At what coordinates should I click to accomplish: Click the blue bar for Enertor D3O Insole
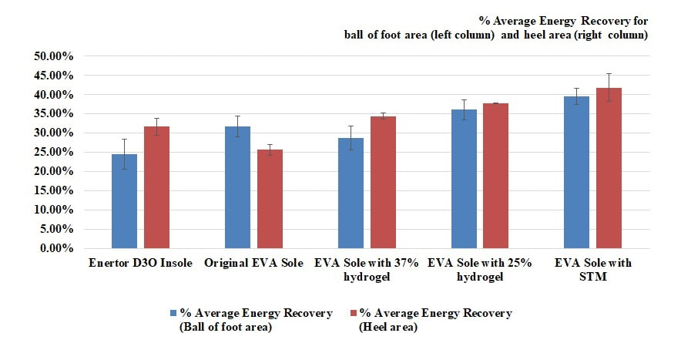tap(124, 201)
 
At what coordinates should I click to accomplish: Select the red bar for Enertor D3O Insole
tap(157, 187)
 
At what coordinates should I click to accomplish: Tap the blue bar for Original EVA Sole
tap(237, 187)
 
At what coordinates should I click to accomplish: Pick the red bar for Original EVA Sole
tap(270, 199)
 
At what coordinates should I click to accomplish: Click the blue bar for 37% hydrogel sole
tap(351, 193)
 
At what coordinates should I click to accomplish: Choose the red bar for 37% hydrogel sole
tap(383, 183)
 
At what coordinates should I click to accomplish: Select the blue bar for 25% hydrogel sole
tap(464, 179)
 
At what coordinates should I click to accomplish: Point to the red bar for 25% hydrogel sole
tap(496, 176)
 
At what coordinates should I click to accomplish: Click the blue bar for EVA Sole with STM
tap(577, 172)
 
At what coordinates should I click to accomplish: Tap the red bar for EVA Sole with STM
tap(609, 168)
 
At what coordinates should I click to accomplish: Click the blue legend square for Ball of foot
tap(174, 313)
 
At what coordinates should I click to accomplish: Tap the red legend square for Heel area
tap(353, 313)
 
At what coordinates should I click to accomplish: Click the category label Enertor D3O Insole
tap(140, 263)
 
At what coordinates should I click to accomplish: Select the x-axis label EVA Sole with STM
tap(593, 270)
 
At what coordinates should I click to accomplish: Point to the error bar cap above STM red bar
tap(609, 73)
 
